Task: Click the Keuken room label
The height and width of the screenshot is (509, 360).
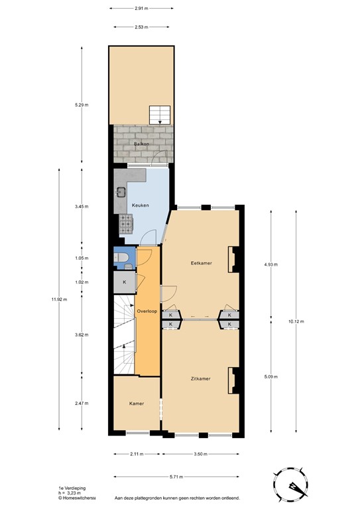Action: (x=140, y=205)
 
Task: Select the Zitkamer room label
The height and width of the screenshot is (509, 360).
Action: (x=200, y=378)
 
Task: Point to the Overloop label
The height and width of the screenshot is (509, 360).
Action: (x=147, y=310)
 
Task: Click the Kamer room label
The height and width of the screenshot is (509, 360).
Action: (x=137, y=403)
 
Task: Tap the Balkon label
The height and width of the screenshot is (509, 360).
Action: (x=141, y=143)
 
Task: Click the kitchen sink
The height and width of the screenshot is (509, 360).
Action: (x=122, y=193)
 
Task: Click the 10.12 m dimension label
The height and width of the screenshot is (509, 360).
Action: (x=296, y=321)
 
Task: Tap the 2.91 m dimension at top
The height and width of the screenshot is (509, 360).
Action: (x=141, y=9)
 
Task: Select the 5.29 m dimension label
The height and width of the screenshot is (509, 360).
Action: (x=81, y=105)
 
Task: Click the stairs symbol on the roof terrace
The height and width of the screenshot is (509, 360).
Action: (x=159, y=115)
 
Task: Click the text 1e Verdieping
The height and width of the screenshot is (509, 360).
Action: (x=72, y=487)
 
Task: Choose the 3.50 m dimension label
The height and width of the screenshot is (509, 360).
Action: (x=200, y=454)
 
